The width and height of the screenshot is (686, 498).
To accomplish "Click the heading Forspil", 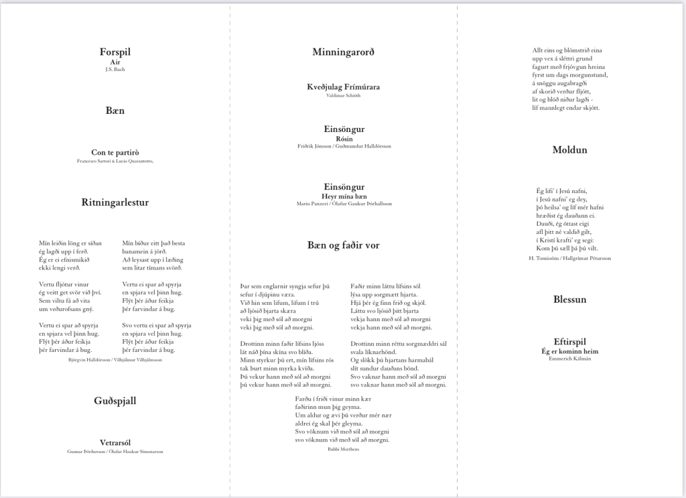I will click(115, 52).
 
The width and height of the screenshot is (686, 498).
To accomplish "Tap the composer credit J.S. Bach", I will click(115, 69).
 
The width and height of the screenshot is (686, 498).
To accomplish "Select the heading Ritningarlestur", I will click(115, 202).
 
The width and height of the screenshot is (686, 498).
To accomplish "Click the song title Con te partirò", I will click(115, 153).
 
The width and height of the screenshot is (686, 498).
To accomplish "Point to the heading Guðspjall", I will click(115, 401).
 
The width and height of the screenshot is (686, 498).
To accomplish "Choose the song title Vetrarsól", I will click(115, 443).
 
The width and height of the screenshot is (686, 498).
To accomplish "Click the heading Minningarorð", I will click(344, 52).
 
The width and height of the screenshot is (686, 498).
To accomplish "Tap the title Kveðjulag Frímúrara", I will click(344, 88).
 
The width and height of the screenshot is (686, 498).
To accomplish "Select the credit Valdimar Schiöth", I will click(344, 96).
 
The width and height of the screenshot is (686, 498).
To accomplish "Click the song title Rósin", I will click(344, 138).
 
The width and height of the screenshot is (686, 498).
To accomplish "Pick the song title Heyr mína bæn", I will click(344, 196).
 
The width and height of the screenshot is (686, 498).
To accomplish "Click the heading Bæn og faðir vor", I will click(344, 245).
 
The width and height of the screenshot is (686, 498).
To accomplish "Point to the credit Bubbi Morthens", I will click(344, 449).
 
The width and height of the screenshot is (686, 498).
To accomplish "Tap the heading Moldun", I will click(569, 149).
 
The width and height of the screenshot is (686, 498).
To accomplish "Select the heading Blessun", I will click(569, 300).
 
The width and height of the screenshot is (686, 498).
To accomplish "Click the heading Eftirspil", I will click(569, 341).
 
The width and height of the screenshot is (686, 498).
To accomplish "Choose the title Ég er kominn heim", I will click(569, 351).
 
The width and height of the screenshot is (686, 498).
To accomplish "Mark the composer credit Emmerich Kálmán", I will click(569, 359).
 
